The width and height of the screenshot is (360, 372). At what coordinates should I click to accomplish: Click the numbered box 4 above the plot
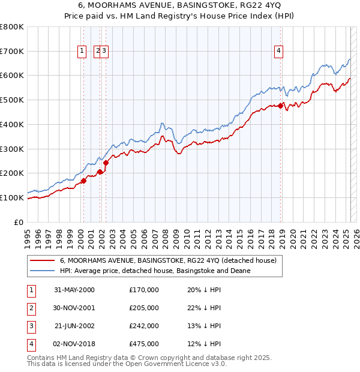[x=279, y=52]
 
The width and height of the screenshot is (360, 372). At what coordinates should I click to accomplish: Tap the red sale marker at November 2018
[x=280, y=106]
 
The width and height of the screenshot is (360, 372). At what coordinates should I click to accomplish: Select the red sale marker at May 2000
[x=84, y=181]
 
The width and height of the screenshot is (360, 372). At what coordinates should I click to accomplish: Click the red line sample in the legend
[x=41, y=260]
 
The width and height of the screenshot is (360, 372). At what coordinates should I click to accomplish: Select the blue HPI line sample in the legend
[x=41, y=271]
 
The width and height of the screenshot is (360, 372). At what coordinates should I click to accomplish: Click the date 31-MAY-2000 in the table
[x=74, y=290]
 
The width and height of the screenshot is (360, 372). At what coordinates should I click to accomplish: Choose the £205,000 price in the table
[x=144, y=308]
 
